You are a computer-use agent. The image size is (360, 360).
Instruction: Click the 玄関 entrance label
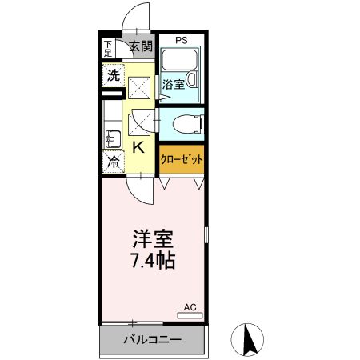(141, 46)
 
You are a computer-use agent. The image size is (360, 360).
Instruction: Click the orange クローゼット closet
(181, 158)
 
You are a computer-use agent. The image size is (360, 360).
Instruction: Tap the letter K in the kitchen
(138, 147)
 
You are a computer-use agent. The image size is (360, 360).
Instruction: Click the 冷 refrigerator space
(113, 162)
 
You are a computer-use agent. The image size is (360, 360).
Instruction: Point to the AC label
(190, 306)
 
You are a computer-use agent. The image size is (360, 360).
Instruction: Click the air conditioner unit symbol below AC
(190, 315)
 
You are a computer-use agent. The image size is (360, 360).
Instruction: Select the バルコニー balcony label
(152, 340)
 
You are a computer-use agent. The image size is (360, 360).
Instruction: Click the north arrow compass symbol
(248, 339)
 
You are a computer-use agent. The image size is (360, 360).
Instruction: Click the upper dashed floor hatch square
(140, 86)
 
